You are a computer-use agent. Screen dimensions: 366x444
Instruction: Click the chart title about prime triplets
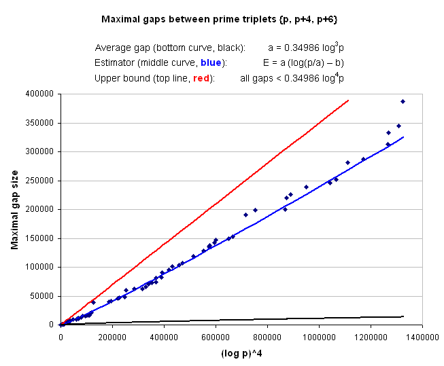[220, 20]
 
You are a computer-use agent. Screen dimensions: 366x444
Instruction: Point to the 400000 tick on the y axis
[42, 93]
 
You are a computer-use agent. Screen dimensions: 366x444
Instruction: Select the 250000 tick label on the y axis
[42, 180]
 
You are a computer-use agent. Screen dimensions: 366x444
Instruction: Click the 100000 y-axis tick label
[42, 267]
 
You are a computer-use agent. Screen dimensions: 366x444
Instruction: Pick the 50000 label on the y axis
[44, 296]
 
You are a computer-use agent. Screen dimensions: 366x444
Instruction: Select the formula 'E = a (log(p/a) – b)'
[303, 63]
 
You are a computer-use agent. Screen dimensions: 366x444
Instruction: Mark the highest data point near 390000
[403, 101]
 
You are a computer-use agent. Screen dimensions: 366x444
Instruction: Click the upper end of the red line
[348, 100]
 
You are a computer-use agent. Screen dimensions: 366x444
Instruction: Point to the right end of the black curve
[403, 316]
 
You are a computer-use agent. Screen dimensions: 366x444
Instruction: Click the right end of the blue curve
[403, 137]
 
